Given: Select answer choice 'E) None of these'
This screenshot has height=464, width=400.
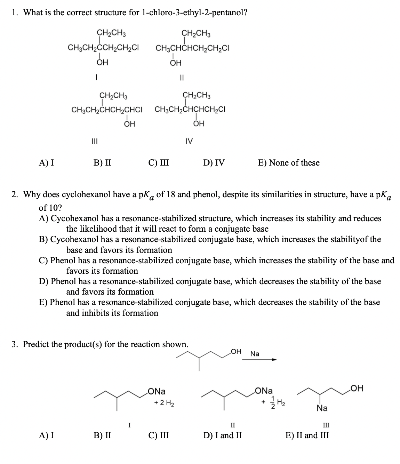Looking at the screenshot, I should pos(289,162).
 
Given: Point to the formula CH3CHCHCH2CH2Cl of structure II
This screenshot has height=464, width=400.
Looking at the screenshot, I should pos(192,48).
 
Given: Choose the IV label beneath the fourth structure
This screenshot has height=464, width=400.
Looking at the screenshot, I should pos(189,141).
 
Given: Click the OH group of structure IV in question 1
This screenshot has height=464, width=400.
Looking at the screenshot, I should pos(199,124).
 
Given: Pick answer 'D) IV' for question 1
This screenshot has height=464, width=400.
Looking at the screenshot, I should pos(214,162).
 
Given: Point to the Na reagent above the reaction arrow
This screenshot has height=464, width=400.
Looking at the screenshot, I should pos(255,354).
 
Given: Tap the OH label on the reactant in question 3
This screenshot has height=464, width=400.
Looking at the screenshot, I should pos(236,352).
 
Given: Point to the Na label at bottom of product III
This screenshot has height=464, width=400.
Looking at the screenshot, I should pos(322,408).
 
